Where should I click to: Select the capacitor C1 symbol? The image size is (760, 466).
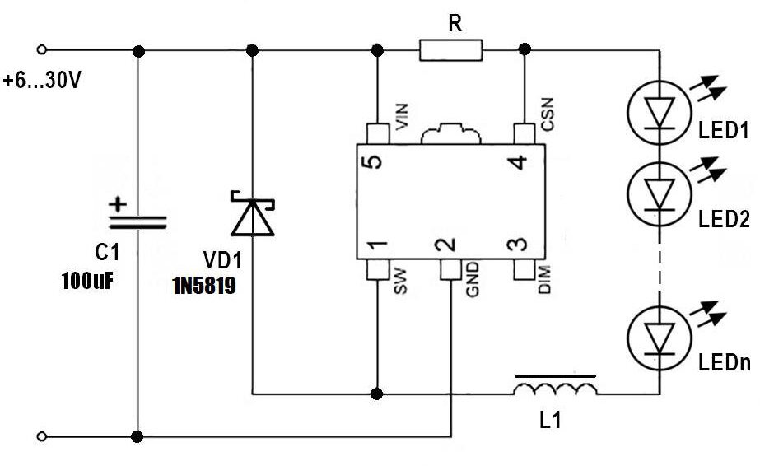137,219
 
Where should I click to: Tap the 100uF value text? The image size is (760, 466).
86,282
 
